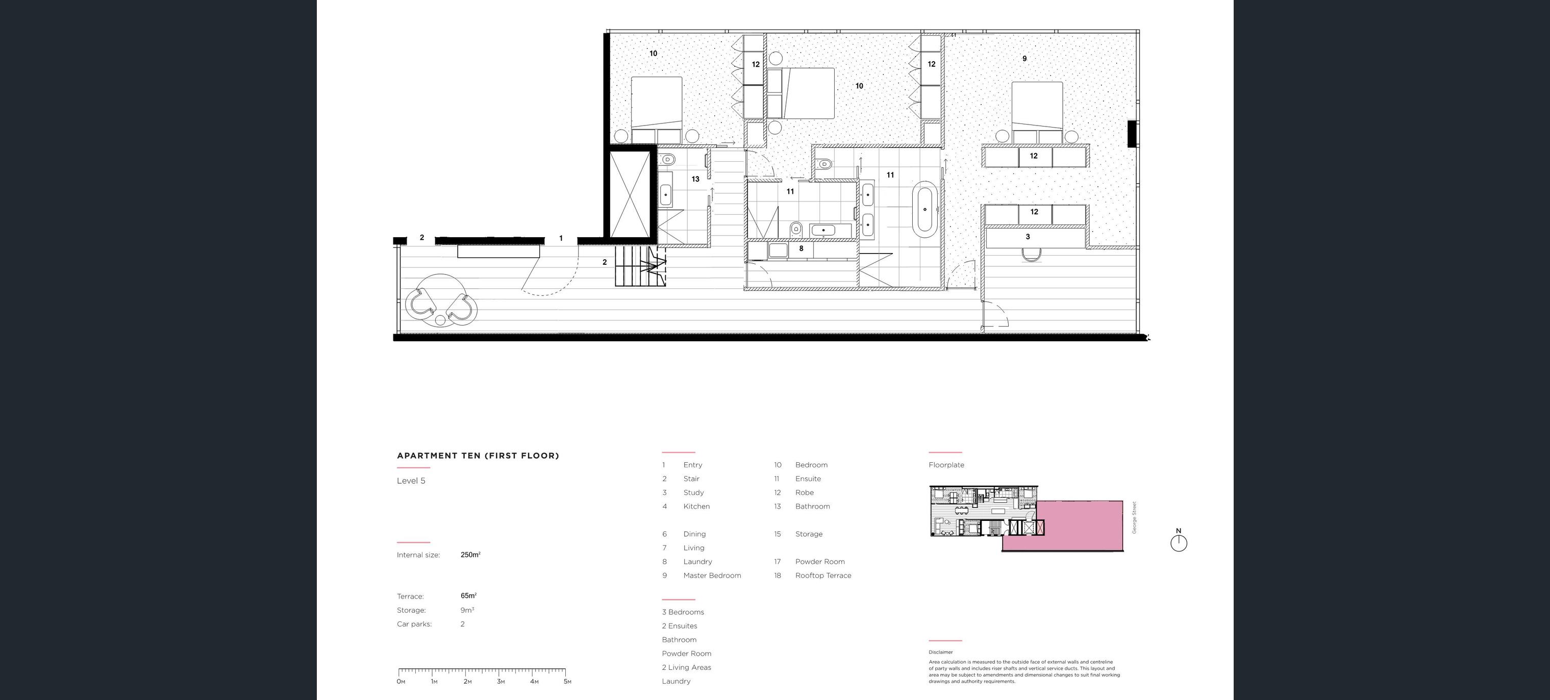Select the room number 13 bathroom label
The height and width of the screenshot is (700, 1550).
pos(695,179)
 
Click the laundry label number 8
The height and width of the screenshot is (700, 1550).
pos(801,248)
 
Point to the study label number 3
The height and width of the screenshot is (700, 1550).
pos(1028,237)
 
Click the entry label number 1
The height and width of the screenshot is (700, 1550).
pos(561,238)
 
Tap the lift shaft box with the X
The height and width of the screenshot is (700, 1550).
pos(630,194)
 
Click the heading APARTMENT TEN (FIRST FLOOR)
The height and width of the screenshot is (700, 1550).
pos(478,456)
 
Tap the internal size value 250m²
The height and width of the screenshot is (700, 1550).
pos(470,555)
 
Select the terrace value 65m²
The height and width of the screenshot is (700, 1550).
pos(469,596)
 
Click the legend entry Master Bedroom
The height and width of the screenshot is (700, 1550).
pos(712,576)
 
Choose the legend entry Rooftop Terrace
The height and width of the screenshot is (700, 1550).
pos(823,576)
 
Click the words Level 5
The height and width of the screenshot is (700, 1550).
pos(411,481)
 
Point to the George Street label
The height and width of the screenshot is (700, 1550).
pos(1134,518)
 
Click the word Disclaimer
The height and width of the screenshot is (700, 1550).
pos(940,652)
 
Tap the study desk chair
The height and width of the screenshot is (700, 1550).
pos(1031,255)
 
